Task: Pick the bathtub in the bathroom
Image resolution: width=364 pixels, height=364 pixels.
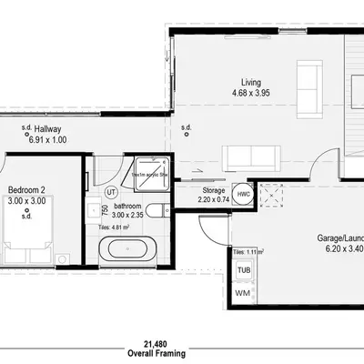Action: (125, 248)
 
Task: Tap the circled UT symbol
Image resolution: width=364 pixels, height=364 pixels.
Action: (111, 192)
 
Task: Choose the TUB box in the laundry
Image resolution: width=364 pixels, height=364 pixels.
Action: (244, 270)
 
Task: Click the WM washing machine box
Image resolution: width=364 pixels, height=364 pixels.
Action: (244, 292)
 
